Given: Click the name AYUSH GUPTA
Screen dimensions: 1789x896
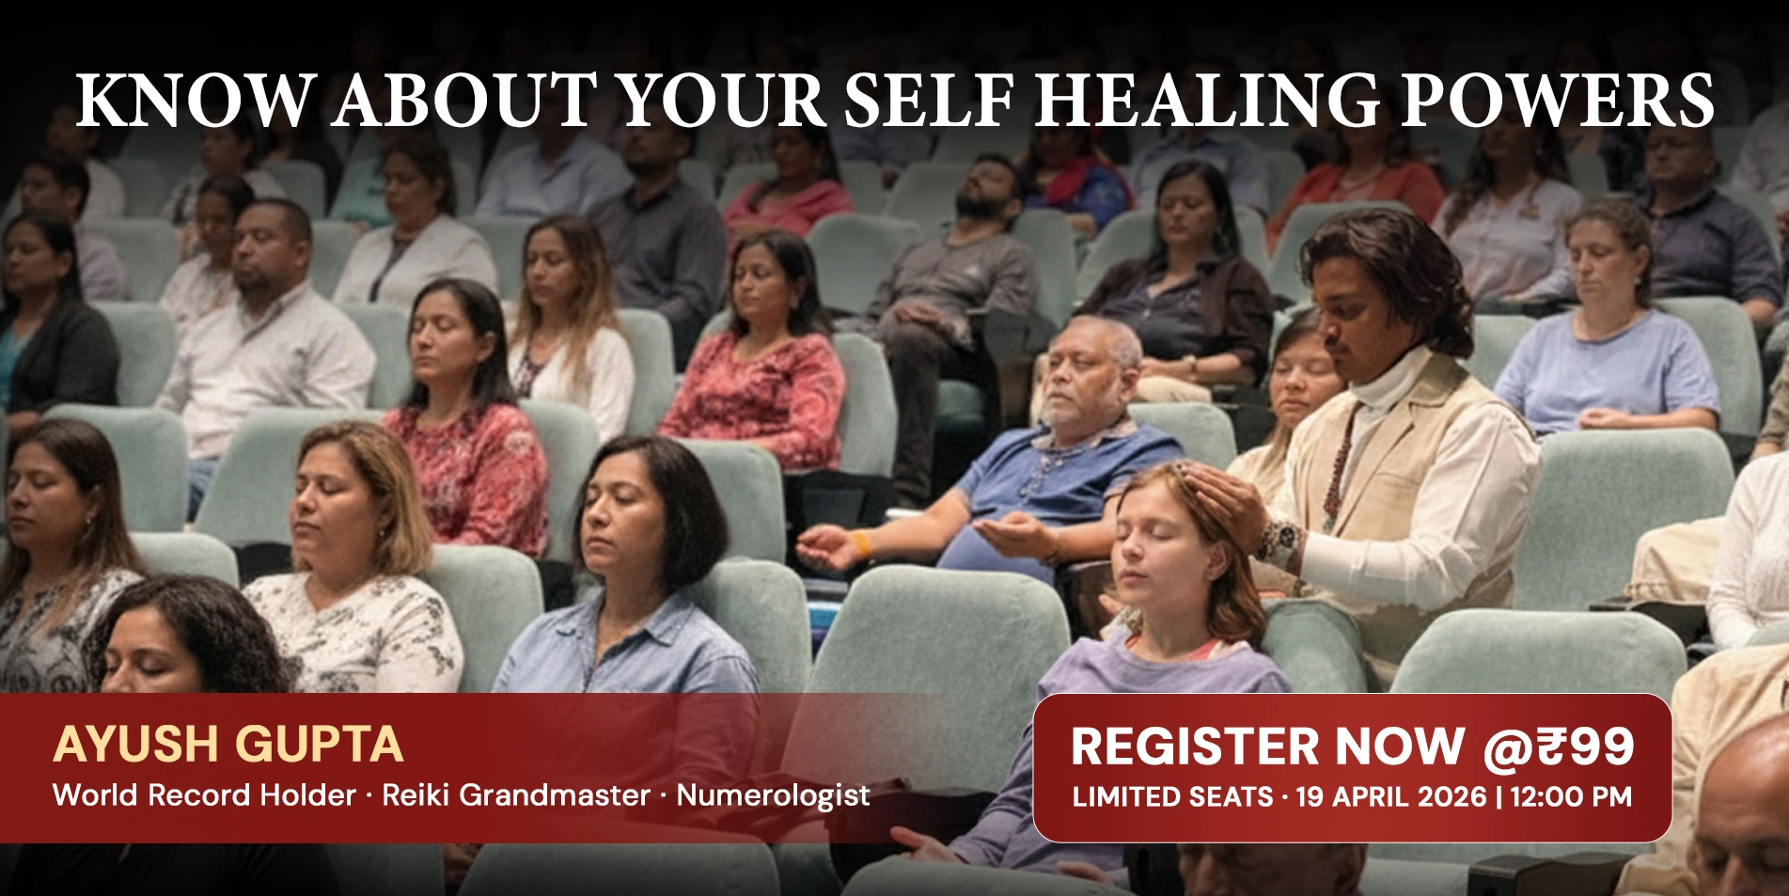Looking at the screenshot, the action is pos(228,744).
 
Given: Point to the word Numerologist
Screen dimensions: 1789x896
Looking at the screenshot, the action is pos(773,795).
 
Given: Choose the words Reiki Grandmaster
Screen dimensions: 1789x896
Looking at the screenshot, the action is pos(516,795).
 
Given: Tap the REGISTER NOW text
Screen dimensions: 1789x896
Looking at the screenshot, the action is pos(1268,747).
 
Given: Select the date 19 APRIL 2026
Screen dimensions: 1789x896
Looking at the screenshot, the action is pos(1391,796).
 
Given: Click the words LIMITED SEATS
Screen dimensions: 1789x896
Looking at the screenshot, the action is pos(1172,796).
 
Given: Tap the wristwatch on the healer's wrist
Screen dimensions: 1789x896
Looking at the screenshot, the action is pos(1279,542).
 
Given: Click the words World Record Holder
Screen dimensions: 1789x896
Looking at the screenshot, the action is pos(204,795).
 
